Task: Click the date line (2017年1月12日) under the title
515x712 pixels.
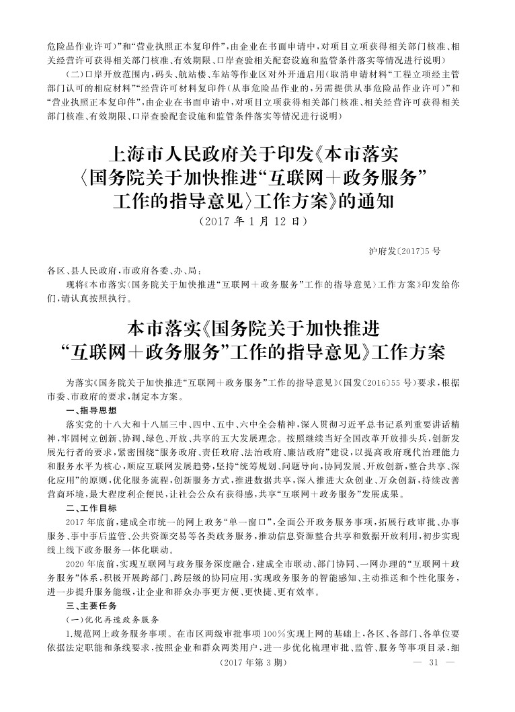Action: [257, 220]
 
